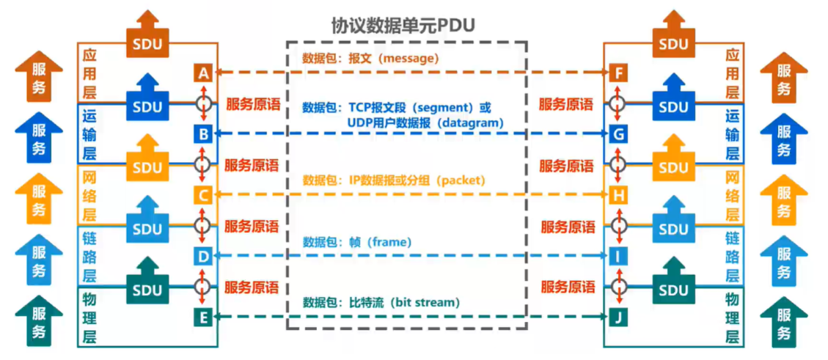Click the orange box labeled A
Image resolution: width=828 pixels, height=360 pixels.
point(203,73)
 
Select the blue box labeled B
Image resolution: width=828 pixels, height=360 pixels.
point(203,133)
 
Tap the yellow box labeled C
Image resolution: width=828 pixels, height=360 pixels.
point(203,194)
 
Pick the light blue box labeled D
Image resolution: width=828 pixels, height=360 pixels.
point(203,255)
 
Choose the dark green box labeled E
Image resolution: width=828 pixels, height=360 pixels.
point(203,317)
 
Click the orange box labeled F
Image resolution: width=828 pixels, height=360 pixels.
point(619,73)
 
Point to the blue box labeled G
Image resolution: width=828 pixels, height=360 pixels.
point(619,133)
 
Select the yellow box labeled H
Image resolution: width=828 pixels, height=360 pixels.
point(619,194)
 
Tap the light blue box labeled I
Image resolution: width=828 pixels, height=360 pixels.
point(619,255)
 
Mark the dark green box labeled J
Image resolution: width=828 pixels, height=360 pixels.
point(619,317)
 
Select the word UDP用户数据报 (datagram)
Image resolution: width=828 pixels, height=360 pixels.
point(426,123)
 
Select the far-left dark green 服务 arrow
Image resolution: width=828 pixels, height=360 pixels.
point(39,323)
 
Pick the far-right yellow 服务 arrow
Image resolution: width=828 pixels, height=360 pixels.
point(783,201)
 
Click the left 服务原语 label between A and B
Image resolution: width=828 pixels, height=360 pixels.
point(252,104)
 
